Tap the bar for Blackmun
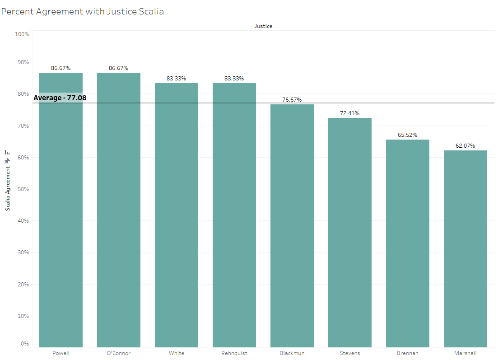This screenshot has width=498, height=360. click(x=292, y=226)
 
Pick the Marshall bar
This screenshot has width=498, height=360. click(x=465, y=248)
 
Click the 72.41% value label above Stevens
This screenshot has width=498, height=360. click(x=350, y=113)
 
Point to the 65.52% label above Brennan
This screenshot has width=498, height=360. click(x=408, y=135)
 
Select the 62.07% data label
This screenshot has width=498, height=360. click(x=465, y=146)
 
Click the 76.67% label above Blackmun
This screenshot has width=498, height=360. click(x=292, y=100)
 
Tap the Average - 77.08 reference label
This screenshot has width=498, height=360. click(x=60, y=98)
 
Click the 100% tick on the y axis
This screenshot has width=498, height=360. click(x=22, y=34)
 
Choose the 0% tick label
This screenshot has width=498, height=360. click(x=25, y=344)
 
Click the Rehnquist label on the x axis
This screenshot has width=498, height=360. click(x=234, y=353)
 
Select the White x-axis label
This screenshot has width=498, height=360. click(x=177, y=353)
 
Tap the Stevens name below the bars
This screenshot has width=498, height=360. click(x=350, y=353)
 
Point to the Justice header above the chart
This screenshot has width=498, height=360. click(x=263, y=26)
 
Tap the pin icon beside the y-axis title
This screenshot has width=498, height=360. click(x=7, y=161)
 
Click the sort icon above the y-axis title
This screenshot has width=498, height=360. click(x=7, y=153)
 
